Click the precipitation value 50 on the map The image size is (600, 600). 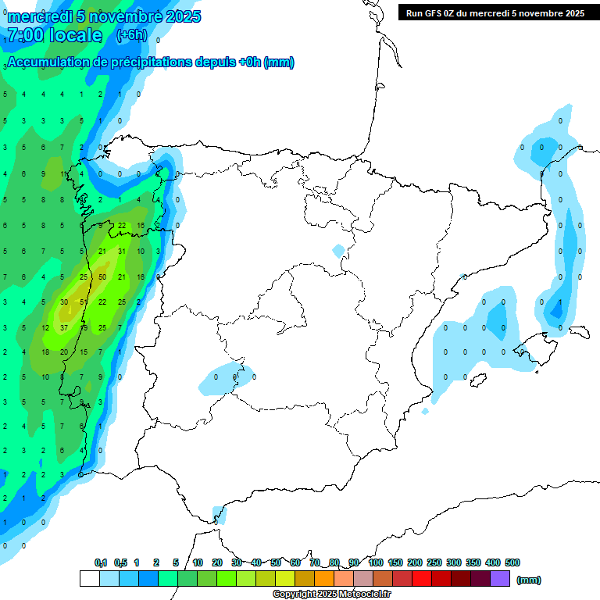pos(102,277)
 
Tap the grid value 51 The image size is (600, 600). pos(84,302)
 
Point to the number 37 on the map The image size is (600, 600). pos(64,328)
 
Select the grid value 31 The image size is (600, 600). pos(122,252)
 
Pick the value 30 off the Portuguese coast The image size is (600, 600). pos(64,302)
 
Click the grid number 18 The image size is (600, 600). pos(45,352)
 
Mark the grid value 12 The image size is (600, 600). pos(45,328)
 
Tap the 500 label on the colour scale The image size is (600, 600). pos(512,562)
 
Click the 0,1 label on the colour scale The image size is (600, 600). pos(101,562)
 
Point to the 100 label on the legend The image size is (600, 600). pos(375,562)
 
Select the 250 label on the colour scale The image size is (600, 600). pos(434,562)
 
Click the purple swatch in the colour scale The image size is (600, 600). pos(500,578)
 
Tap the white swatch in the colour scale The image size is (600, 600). pos(89,578)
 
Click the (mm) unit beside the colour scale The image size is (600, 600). pos(529,580)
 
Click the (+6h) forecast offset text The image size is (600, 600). pos(131,35)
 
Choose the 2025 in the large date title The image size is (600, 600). pos(180,16)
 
